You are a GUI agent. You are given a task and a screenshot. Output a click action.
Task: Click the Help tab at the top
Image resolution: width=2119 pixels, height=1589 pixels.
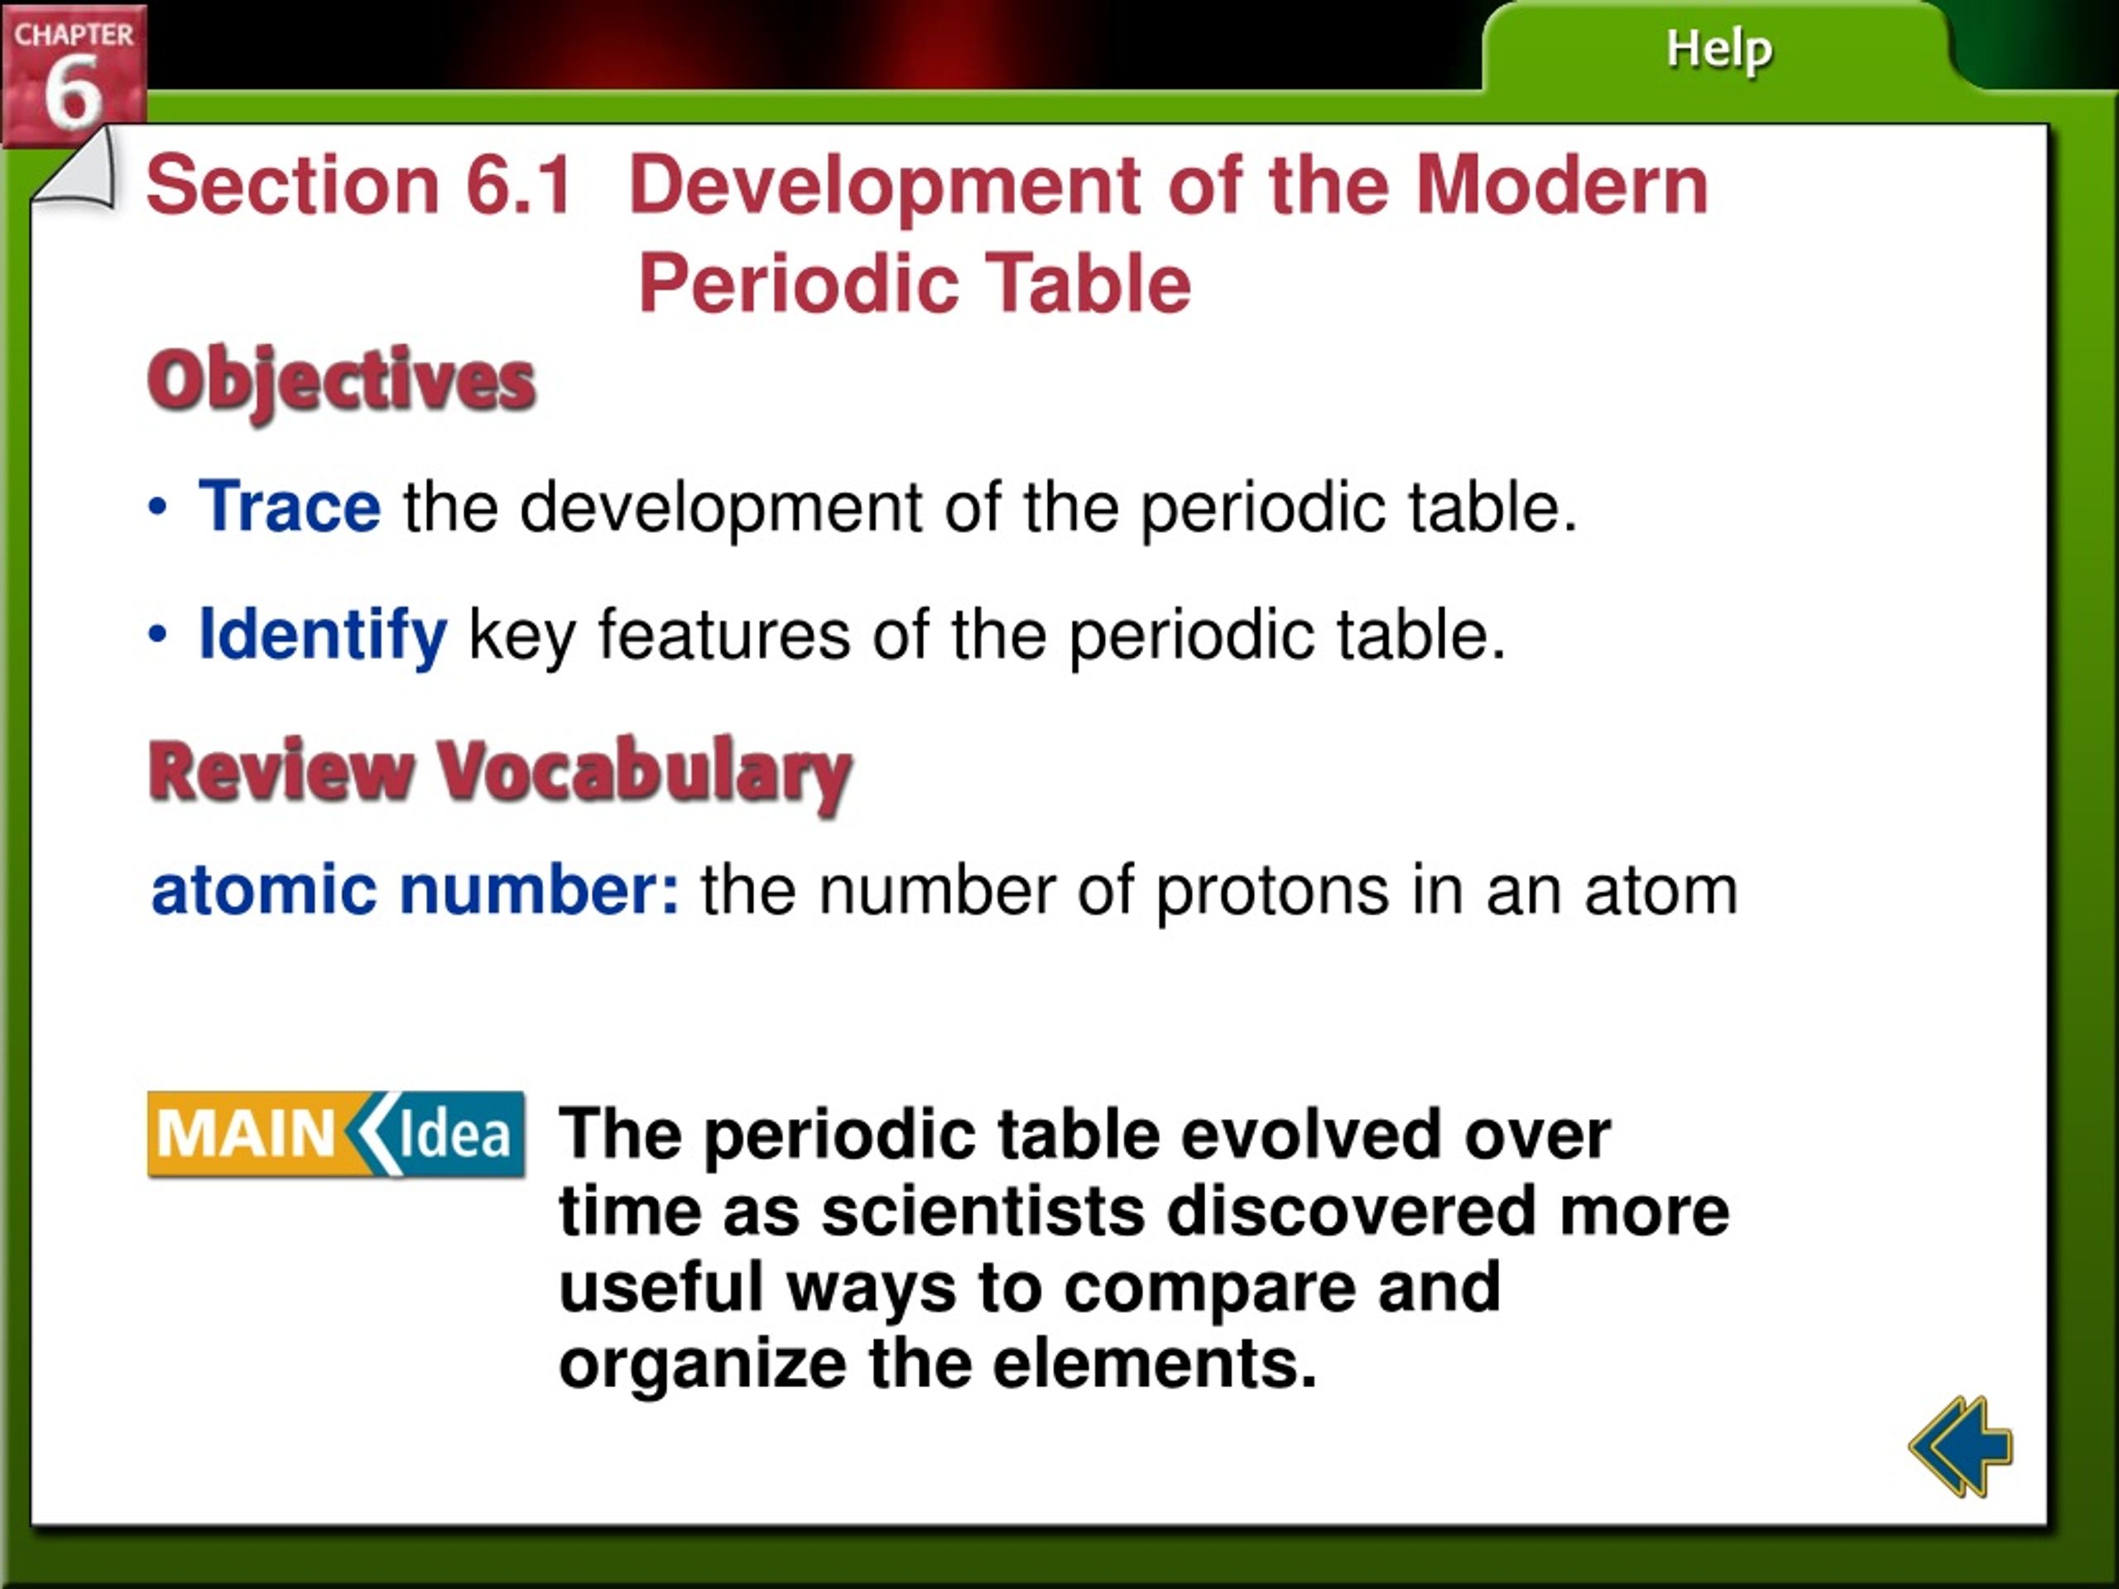click(1718, 50)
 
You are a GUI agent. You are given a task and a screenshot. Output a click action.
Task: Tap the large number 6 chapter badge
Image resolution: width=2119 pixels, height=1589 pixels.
click(74, 77)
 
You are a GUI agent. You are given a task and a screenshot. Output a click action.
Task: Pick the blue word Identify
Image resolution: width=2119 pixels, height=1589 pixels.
click(323, 635)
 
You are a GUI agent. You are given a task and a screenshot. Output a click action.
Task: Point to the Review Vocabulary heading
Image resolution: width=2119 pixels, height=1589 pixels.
click(500, 772)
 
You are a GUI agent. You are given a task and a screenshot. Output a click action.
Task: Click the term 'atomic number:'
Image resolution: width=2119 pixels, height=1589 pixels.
click(416, 890)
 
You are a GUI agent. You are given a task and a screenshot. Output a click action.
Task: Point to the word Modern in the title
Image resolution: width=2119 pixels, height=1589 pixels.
click(1563, 184)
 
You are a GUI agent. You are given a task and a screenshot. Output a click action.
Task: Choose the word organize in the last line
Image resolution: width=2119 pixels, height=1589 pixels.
click(703, 1366)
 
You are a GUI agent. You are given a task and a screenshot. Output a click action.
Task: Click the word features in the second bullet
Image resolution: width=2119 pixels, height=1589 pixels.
click(724, 634)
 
